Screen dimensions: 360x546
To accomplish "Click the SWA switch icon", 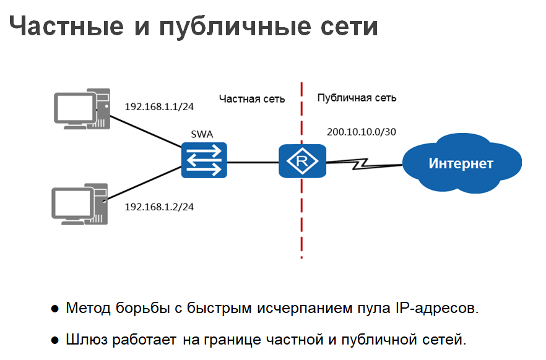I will [x=204, y=160].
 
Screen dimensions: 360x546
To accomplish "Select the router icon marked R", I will [x=301, y=161].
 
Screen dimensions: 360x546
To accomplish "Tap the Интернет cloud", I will [x=461, y=163].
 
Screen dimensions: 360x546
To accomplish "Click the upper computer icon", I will [x=82, y=108].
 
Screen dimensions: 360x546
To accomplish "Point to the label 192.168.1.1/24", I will [x=160, y=106].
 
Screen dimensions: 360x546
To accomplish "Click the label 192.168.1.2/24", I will [x=160, y=207].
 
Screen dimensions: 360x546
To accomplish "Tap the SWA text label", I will [x=202, y=134].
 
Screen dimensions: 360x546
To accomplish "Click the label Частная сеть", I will [x=252, y=98].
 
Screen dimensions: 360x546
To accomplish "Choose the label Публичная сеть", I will [x=357, y=98].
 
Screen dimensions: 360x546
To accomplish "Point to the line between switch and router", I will [x=253, y=162].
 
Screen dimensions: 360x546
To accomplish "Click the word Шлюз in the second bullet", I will [x=87, y=340].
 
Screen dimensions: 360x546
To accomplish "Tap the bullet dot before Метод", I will [x=55, y=309].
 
